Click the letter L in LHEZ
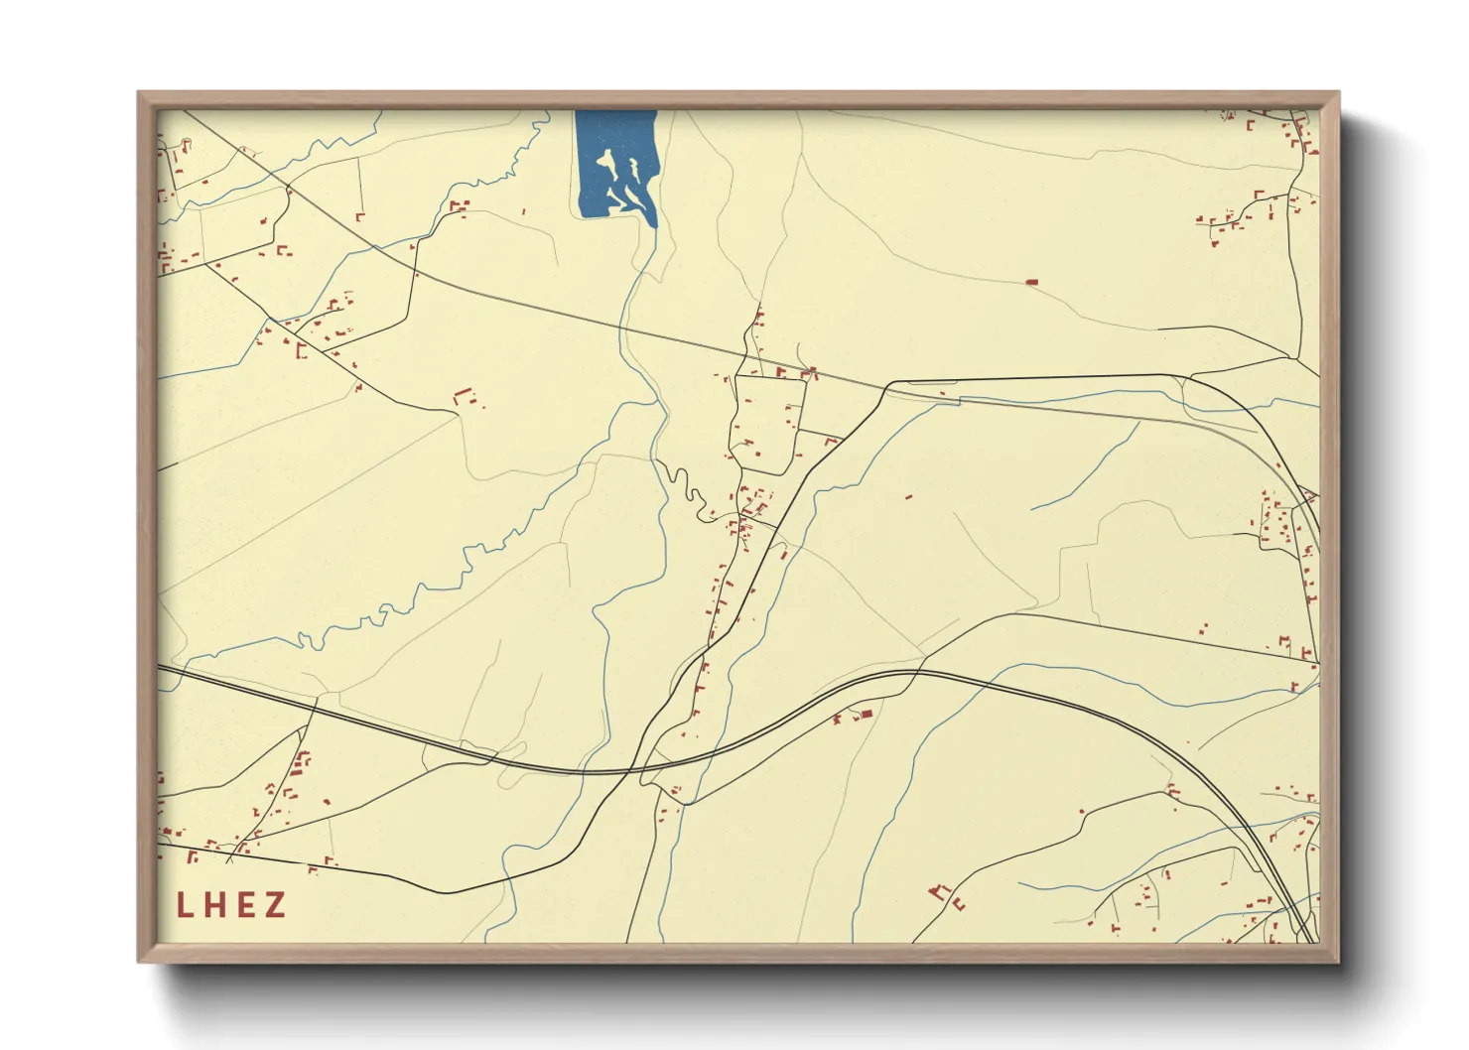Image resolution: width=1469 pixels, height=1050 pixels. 185,904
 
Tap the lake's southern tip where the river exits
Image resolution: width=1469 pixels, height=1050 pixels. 653,223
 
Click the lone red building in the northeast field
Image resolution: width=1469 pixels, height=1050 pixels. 1031,283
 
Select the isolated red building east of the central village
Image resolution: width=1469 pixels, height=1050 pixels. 907,496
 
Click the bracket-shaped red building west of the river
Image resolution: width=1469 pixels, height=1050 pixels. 461,397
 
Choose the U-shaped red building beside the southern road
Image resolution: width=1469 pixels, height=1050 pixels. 959,904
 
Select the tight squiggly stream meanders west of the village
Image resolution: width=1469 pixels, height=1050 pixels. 685,486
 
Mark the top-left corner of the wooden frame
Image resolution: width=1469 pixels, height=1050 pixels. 138,92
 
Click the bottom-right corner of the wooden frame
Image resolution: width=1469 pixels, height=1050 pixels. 1338,962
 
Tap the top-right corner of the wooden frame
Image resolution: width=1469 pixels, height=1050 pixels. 1338,92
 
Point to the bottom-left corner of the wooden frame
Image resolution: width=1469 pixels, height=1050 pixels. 138,962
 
